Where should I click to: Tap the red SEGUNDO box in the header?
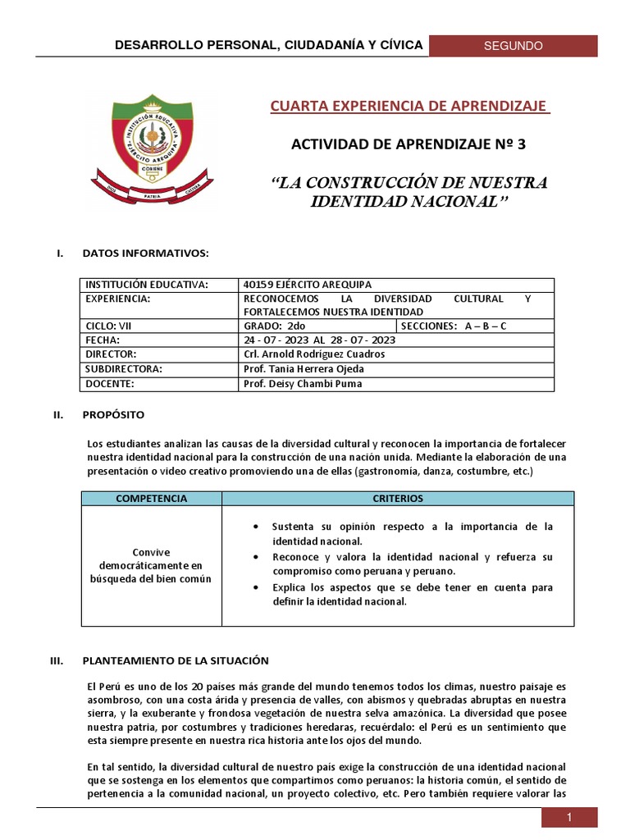pos(513,46)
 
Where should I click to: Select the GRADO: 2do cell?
pos(268,326)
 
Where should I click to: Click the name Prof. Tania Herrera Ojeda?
pos(304,368)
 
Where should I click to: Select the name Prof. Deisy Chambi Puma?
pos(302,383)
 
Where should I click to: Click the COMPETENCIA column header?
pos(151,498)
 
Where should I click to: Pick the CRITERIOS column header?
pos(397,498)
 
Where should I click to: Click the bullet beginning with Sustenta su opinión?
pos(413,533)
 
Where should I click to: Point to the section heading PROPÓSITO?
pos(113,415)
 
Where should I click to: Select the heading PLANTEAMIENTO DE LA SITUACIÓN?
pos(175,660)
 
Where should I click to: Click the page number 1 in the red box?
pos(568,818)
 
